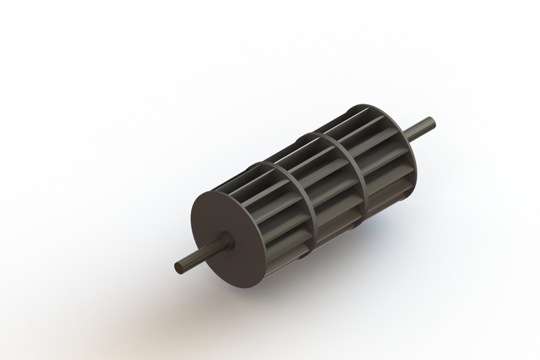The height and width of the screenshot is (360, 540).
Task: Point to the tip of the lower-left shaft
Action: click(179, 268)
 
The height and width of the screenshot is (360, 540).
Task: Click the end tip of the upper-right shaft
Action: click(430, 122)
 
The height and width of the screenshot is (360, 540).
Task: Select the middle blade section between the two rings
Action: click(326, 184)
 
